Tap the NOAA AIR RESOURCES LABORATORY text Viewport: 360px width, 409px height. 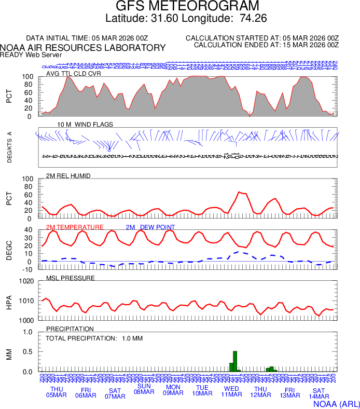(83, 48)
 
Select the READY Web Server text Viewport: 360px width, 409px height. (31, 54)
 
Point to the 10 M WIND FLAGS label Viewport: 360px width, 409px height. (85, 125)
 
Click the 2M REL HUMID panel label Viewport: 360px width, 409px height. (68, 176)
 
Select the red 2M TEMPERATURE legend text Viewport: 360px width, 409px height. (75, 227)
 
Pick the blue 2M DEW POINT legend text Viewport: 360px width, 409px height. (150, 227)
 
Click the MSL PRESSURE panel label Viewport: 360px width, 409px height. (71, 278)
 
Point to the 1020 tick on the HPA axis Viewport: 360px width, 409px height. (25, 281)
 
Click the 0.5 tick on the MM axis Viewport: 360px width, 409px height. (27, 352)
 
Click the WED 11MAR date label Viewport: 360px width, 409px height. (231, 392)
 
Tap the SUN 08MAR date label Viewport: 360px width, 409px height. (144, 389)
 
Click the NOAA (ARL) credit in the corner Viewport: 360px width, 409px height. (337, 403)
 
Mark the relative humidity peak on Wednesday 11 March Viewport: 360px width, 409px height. (239, 192)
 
